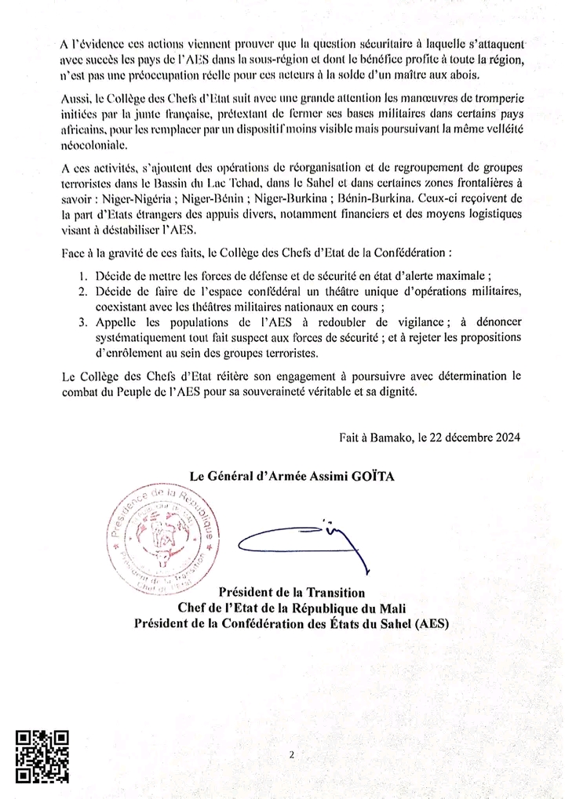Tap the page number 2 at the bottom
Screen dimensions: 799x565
[290, 755]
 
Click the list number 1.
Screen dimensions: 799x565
[83, 278]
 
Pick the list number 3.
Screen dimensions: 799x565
[83, 321]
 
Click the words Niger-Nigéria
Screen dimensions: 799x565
[122, 198]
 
